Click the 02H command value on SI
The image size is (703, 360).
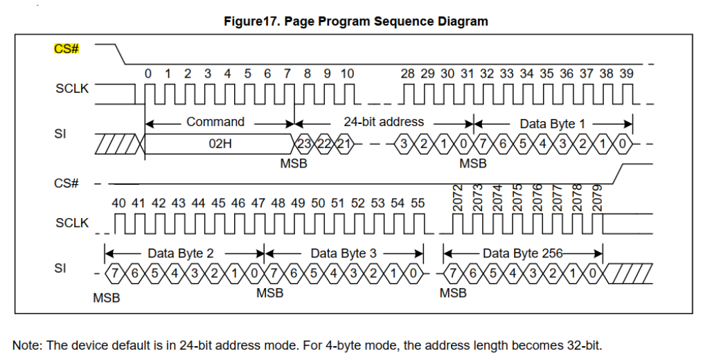click(x=220, y=143)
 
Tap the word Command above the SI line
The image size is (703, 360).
click(x=215, y=122)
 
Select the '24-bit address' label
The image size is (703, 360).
click(x=384, y=122)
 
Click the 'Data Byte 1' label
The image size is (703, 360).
click(x=552, y=123)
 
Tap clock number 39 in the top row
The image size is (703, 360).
click(x=626, y=73)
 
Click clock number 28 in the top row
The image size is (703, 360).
click(x=408, y=73)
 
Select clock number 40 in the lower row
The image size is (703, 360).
click(x=118, y=204)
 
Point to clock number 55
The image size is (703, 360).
click(x=418, y=204)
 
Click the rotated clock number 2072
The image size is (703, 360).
click(x=457, y=198)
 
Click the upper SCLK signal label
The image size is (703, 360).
click(x=72, y=89)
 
